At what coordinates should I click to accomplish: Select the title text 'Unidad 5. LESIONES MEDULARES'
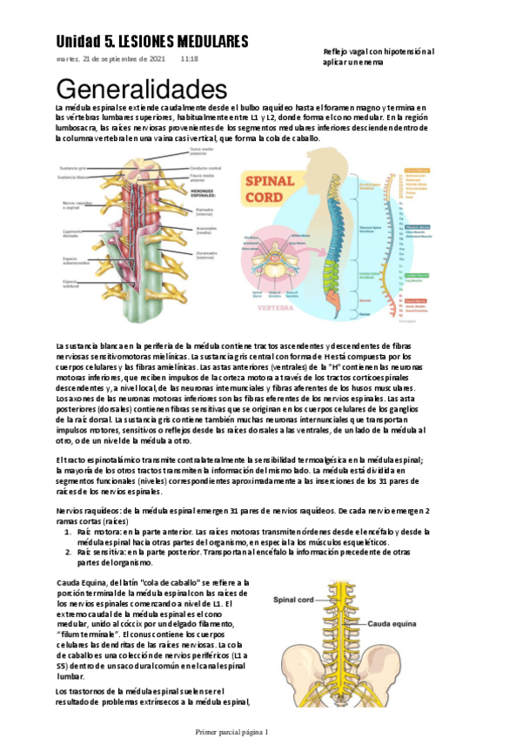152,42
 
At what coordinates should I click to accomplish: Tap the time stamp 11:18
189,59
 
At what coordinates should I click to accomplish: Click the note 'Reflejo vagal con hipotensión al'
379,52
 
